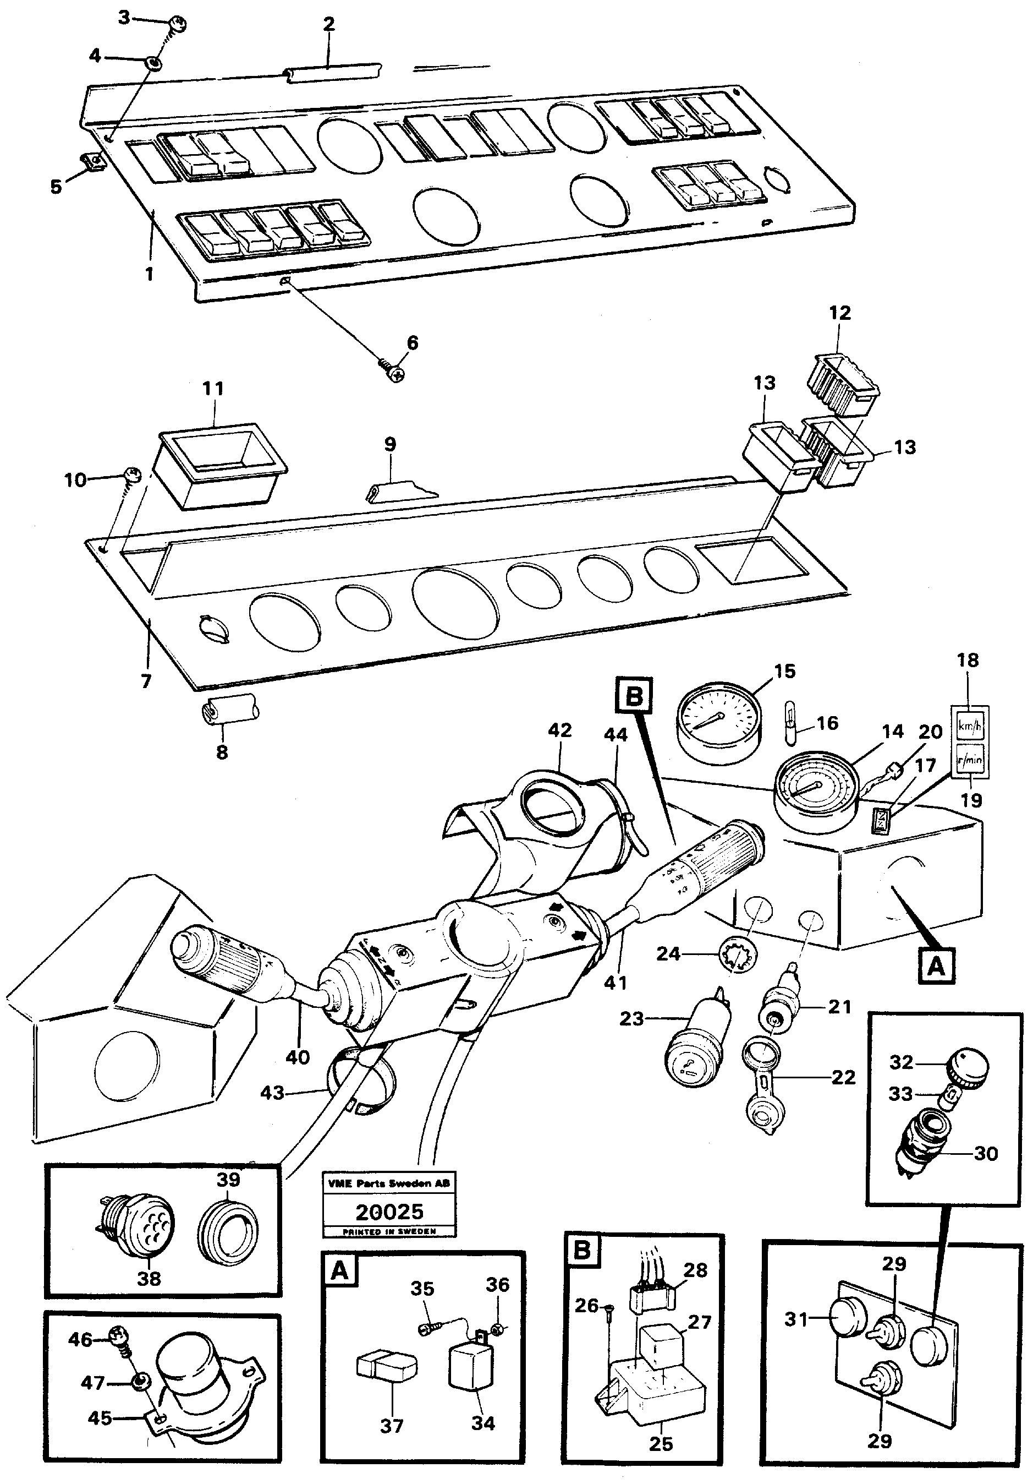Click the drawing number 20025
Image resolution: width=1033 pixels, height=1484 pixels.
point(389,1210)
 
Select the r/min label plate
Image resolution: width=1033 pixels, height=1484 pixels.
point(970,760)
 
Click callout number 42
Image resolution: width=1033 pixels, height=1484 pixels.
point(559,730)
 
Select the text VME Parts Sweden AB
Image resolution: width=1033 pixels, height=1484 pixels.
point(389,1183)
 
